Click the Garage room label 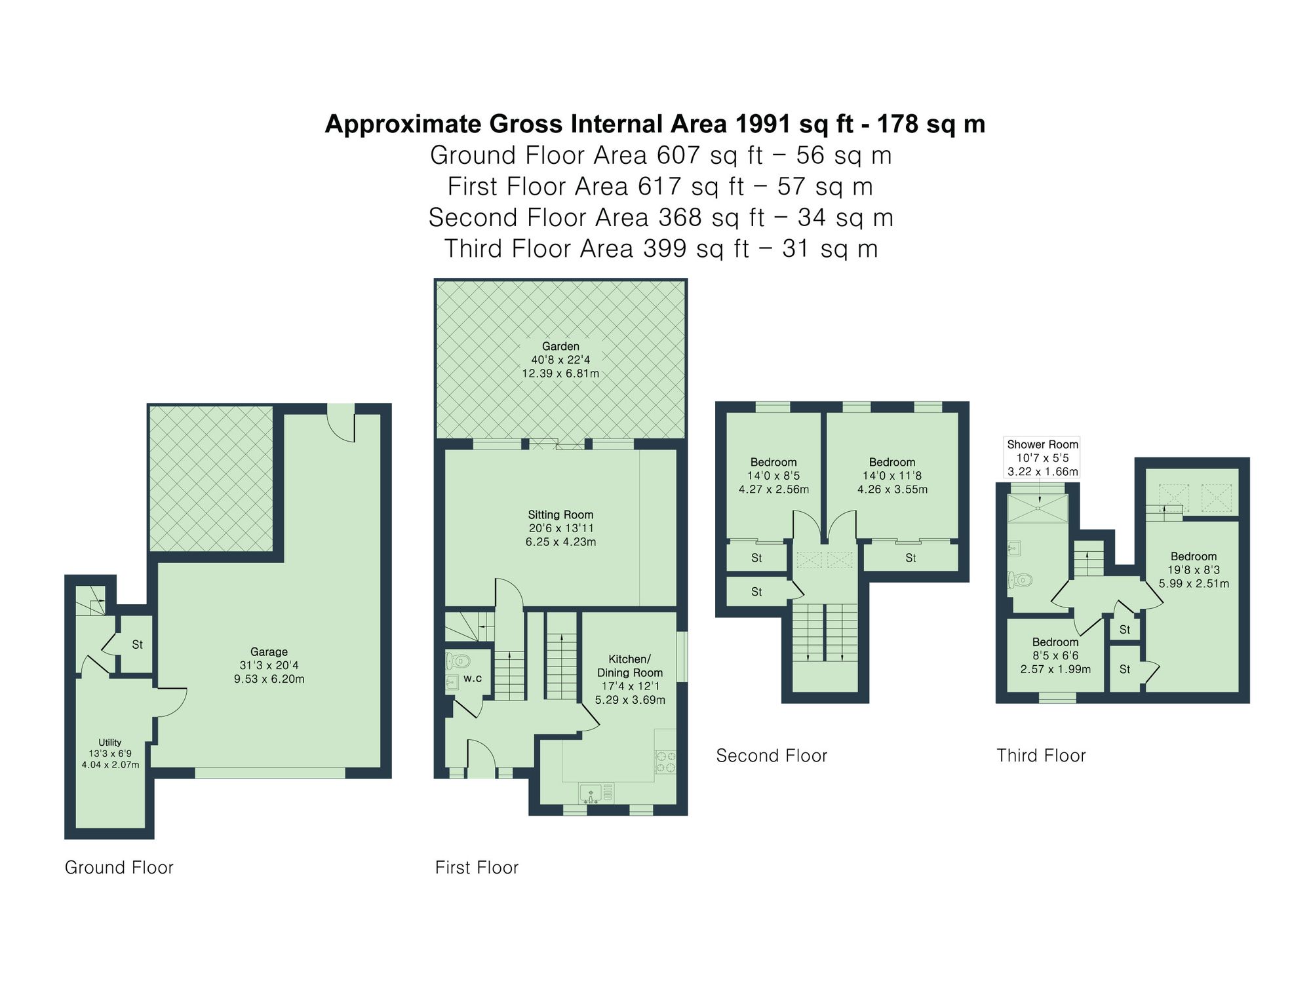pyautogui.click(x=269, y=665)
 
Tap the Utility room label pyautogui.click(x=110, y=753)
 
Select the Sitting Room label pyautogui.click(x=560, y=528)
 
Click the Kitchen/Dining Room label pyautogui.click(x=630, y=679)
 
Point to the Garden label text pyautogui.click(x=560, y=347)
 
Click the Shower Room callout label pyautogui.click(x=1042, y=457)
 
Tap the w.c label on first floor pyautogui.click(x=473, y=678)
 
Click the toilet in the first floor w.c pyautogui.click(x=458, y=660)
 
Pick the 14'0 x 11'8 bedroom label pyautogui.click(x=892, y=476)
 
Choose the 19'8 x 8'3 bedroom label pyautogui.click(x=1194, y=569)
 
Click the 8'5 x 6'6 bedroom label pyautogui.click(x=1055, y=655)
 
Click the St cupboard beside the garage pyautogui.click(x=137, y=645)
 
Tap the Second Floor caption pyautogui.click(x=772, y=756)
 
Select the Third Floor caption pyautogui.click(x=1041, y=756)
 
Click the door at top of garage pyautogui.click(x=341, y=423)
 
